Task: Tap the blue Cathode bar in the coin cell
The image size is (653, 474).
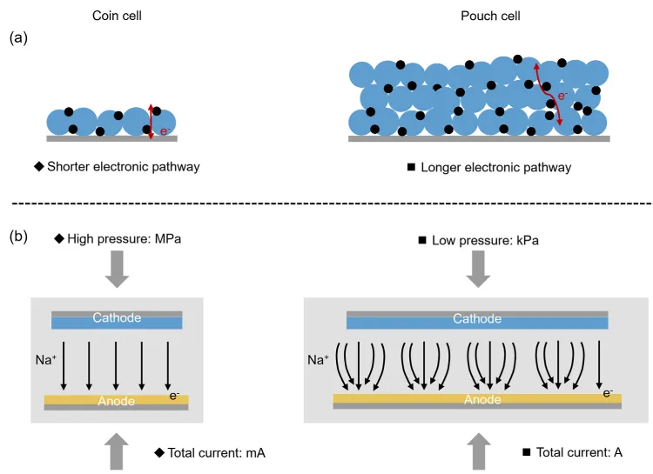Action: pos(117,320)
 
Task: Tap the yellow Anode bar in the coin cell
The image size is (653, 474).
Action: pos(117,400)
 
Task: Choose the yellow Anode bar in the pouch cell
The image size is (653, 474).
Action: pos(477,400)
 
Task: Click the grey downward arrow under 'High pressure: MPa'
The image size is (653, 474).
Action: pos(116,270)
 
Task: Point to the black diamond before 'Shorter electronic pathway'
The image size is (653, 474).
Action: pos(40,167)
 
